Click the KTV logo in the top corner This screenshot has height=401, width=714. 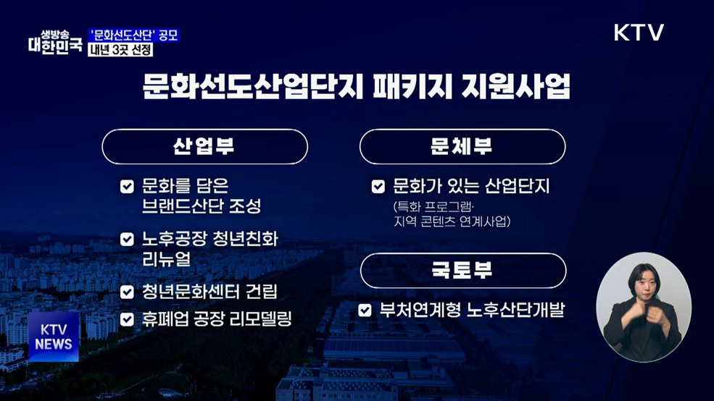point(639,33)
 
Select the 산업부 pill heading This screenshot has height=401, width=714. point(204,146)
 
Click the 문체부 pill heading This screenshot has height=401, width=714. point(462,146)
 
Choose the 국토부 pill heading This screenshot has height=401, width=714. point(462,271)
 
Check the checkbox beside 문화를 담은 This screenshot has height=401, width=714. point(127,187)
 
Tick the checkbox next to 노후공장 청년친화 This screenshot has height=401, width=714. point(127,239)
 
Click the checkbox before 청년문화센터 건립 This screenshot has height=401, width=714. point(127,292)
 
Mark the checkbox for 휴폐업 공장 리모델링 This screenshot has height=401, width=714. point(127,318)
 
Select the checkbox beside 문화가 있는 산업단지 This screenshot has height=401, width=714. point(378,187)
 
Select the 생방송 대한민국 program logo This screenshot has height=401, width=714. point(54,42)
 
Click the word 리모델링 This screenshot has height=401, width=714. point(260,318)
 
